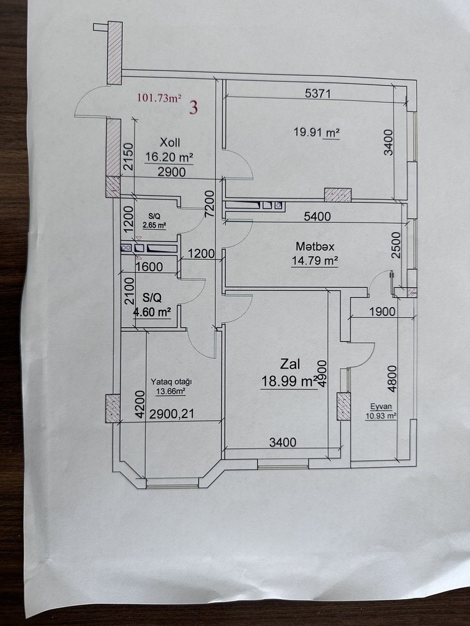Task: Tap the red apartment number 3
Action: point(193,108)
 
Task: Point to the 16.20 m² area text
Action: point(168,157)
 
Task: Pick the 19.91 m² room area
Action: point(316,132)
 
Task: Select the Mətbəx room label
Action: point(316,246)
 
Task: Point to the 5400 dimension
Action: point(318,216)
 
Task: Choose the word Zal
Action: point(289,364)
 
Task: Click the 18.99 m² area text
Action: point(289,381)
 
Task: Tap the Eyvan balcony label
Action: point(381,406)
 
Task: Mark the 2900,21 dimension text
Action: point(171,414)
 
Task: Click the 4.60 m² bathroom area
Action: point(152,312)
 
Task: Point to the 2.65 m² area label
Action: point(154,225)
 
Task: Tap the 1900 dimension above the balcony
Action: point(382,311)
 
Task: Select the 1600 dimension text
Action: point(149,267)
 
